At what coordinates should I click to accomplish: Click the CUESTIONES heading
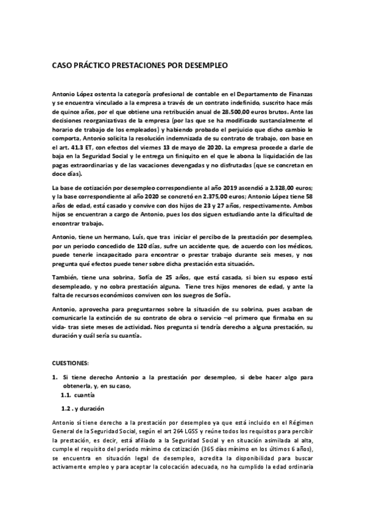click(x=71, y=363)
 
